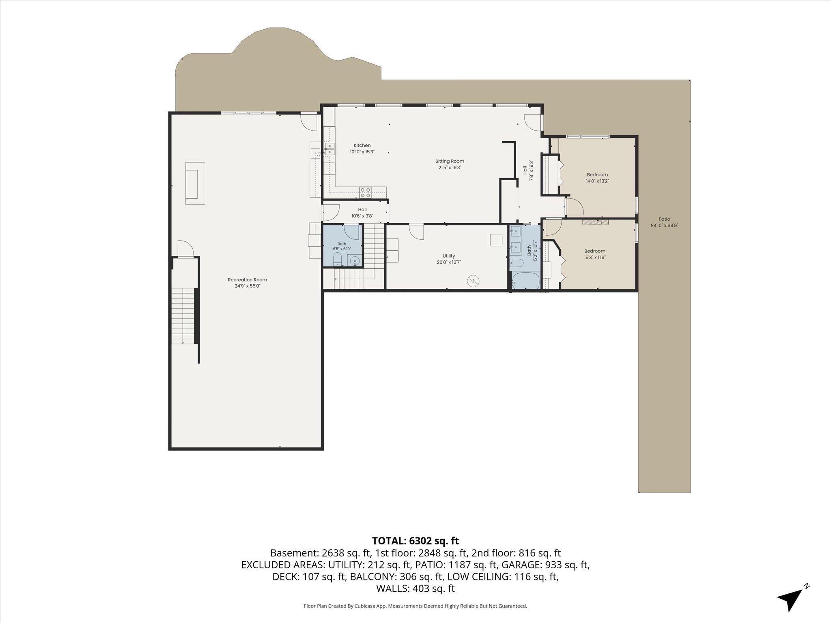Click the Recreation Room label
pos(248,280)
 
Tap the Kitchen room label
pos(362,145)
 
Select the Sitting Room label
pos(450,161)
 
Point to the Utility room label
pos(449,256)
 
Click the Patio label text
pos(664,219)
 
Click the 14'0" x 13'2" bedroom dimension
pos(597,181)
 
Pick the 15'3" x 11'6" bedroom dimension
pos(595,257)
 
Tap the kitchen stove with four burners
pos(365,192)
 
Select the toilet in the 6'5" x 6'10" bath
pos(338,260)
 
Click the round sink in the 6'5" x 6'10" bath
pos(355,260)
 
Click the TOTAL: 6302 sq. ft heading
pos(415,541)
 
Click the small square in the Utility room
pos(496,240)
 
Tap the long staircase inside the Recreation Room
pos(183,316)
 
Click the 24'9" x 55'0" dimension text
pos(248,286)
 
